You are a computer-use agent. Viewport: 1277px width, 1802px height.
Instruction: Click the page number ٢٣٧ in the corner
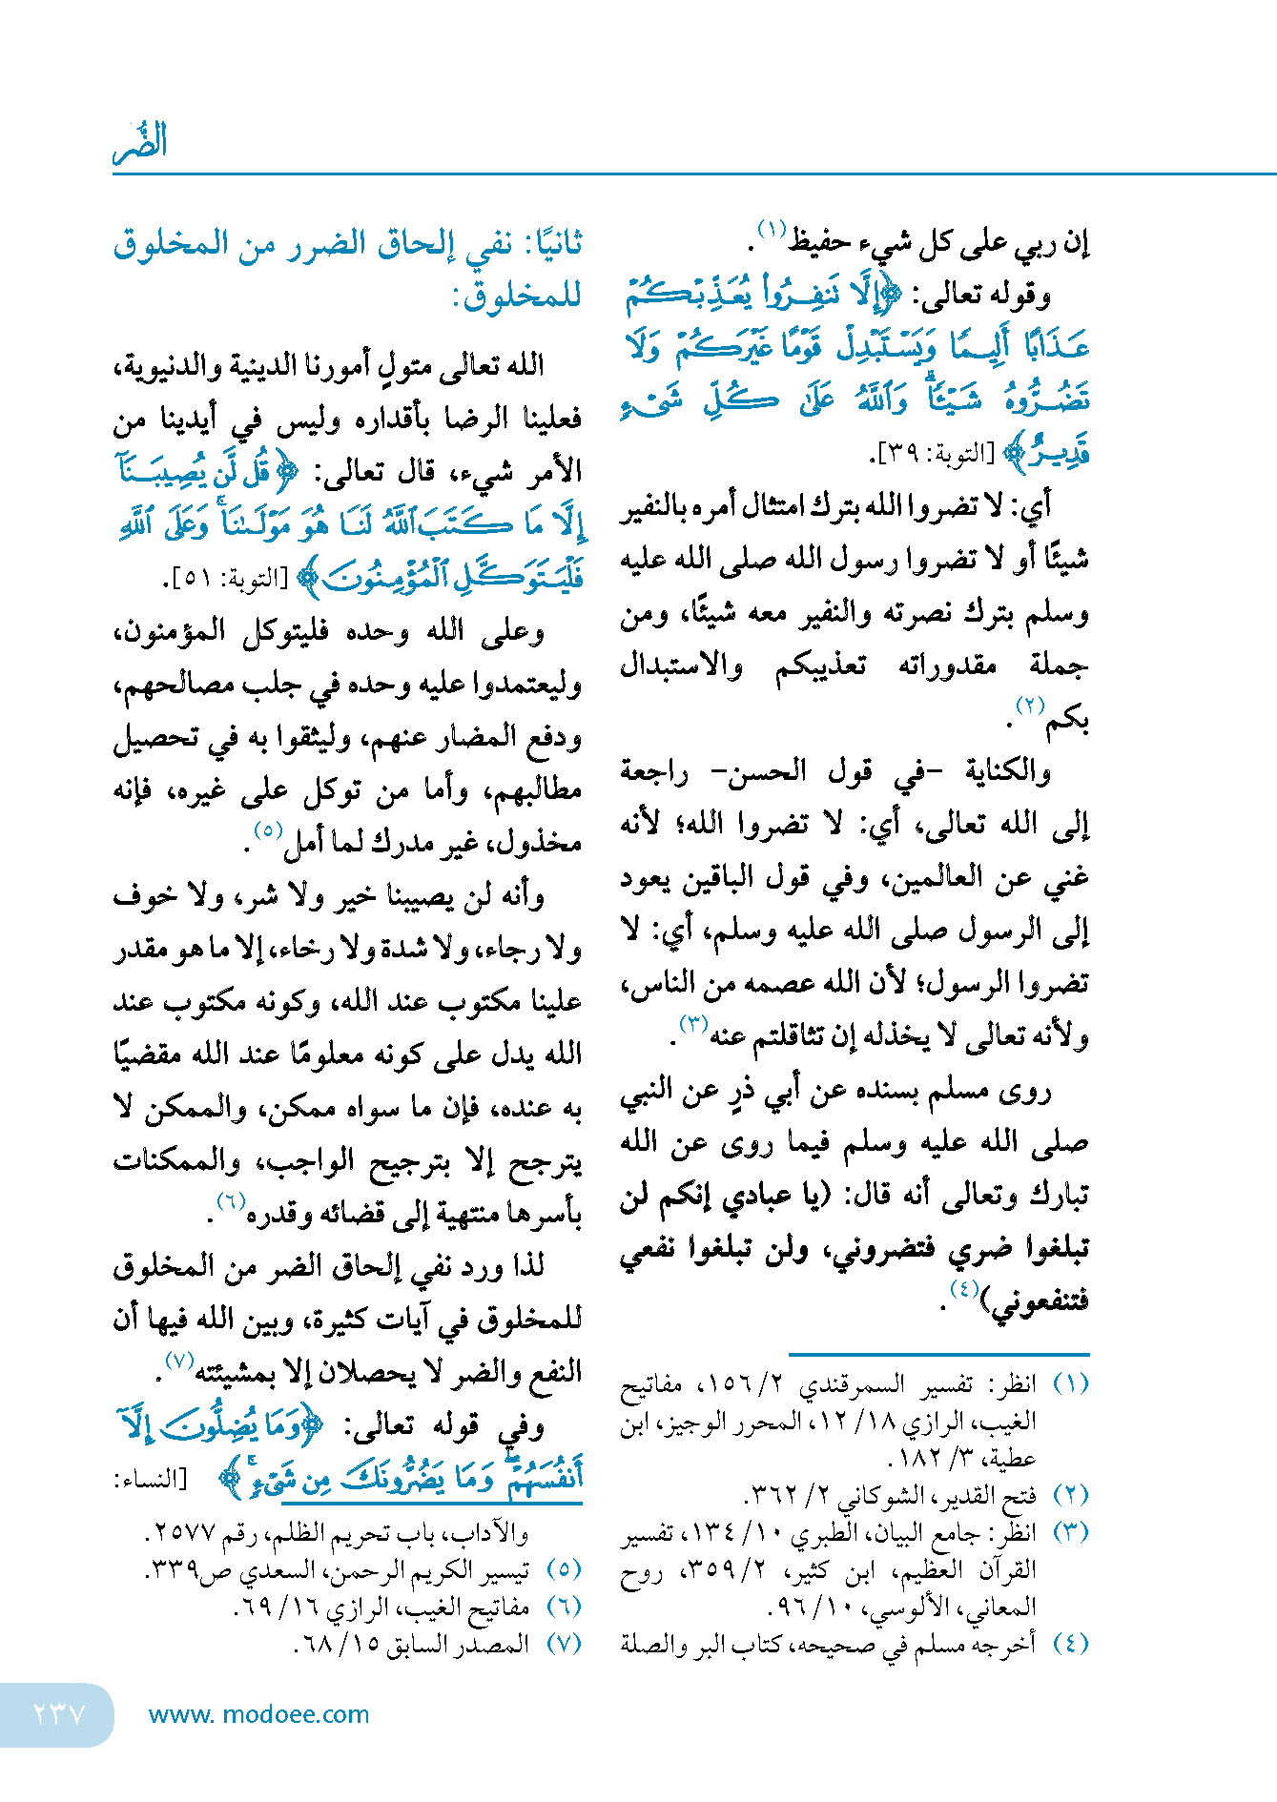coord(59,1714)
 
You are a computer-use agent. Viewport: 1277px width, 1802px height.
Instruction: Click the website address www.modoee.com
coord(258,1714)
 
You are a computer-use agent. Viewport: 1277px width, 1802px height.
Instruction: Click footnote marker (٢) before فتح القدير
coord(1070,1495)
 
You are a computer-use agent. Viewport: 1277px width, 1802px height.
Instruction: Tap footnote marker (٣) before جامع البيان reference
coord(1070,1532)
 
